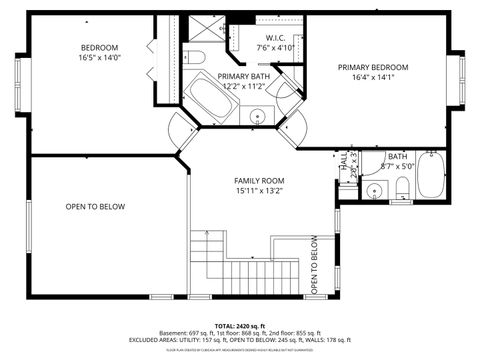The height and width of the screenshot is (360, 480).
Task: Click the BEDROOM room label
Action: [100, 47]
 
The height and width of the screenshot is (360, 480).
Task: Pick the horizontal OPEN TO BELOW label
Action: [95, 207]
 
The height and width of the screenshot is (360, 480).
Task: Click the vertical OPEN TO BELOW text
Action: [314, 265]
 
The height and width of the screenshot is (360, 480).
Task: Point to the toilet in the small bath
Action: [402, 188]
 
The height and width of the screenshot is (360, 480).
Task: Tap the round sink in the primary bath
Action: [257, 114]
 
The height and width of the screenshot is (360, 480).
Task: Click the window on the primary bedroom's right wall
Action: [462, 80]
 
